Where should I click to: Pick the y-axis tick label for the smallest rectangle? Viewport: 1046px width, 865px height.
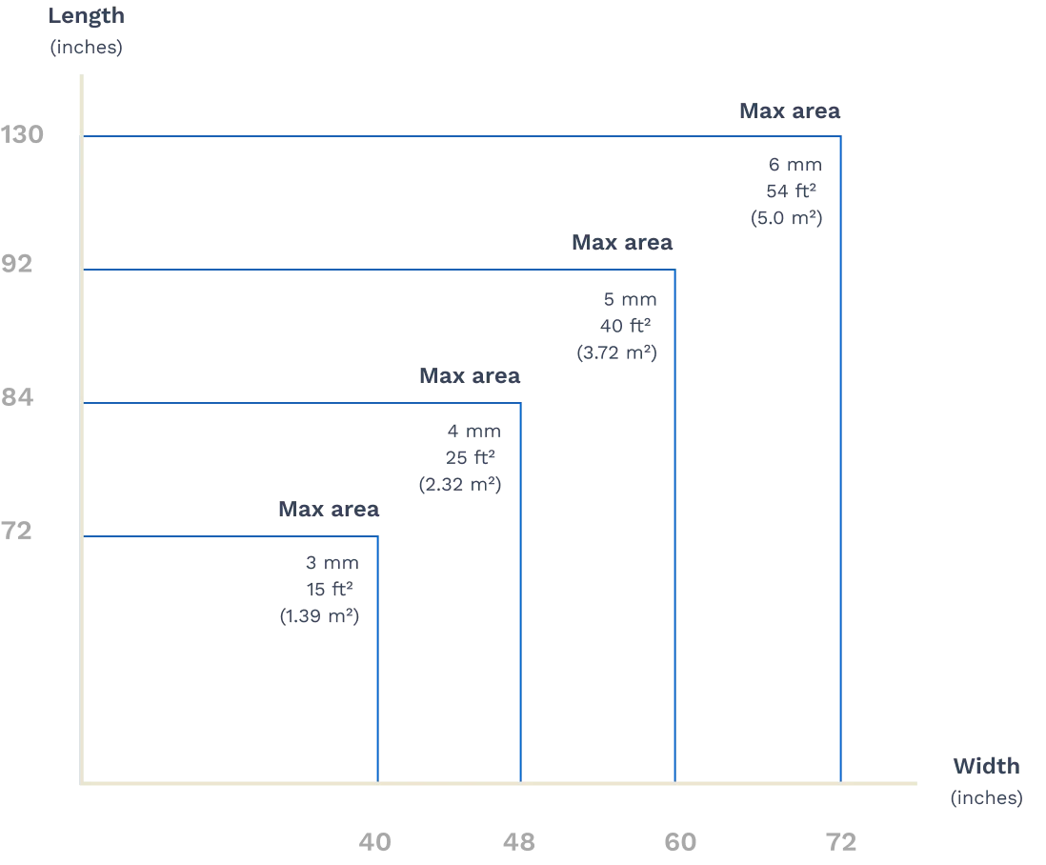click(19, 530)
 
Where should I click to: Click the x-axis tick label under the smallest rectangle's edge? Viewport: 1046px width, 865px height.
click(376, 842)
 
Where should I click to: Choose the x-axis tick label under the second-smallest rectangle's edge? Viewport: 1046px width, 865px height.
click(521, 842)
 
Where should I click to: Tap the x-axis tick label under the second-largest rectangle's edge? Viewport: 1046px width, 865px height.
click(681, 842)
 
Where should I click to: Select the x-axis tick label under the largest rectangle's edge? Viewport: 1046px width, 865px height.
click(842, 842)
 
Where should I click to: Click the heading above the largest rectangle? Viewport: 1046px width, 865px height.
click(792, 112)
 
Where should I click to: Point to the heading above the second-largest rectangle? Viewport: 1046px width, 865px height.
click(624, 243)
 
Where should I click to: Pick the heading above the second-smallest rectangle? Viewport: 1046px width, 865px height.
click(472, 378)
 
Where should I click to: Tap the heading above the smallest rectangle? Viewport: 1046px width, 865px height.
click(327, 511)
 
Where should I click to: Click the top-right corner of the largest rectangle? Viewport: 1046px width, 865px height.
click(842, 135)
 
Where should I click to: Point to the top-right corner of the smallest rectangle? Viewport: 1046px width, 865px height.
click(378, 536)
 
